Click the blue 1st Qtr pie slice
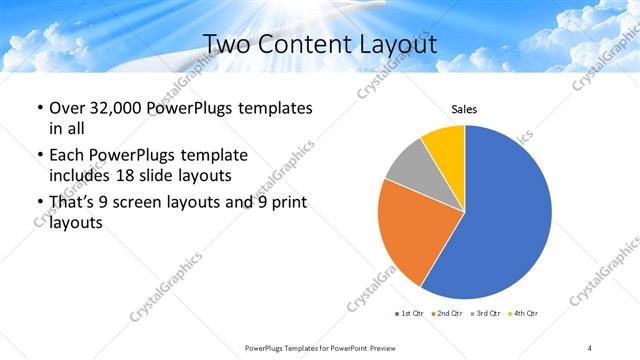[x=500, y=220]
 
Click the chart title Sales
[x=464, y=108]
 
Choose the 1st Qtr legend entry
[x=410, y=314]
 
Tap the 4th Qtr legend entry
[x=525, y=314]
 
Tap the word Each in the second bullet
[x=67, y=156]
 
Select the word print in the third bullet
[x=288, y=203]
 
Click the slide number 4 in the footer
[x=590, y=347]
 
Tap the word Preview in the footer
[x=375, y=347]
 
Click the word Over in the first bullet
[x=67, y=108]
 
